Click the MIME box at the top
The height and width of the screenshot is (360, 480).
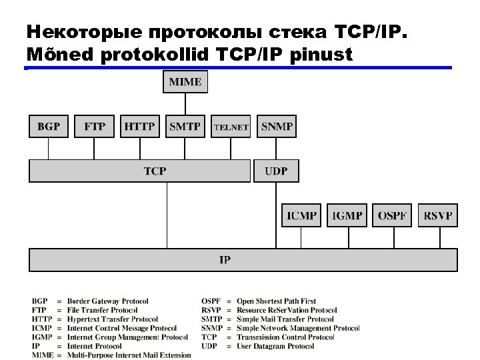185,83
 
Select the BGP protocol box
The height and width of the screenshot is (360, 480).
49,126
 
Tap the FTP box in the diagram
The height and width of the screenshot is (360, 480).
94,126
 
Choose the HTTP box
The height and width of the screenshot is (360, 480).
139,126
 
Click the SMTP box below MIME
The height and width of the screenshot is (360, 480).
185,126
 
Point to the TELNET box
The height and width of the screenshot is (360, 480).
231,127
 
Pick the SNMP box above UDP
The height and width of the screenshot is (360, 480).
276,126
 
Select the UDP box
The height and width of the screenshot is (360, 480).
276,171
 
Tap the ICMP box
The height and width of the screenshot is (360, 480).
301,216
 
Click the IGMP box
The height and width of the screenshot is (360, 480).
347,216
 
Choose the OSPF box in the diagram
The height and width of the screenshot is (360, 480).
392,216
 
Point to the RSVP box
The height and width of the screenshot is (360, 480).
437,216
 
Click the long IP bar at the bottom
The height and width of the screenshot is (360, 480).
243,260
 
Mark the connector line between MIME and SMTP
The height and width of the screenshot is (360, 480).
185,104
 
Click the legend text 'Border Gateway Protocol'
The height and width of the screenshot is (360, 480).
107,302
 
